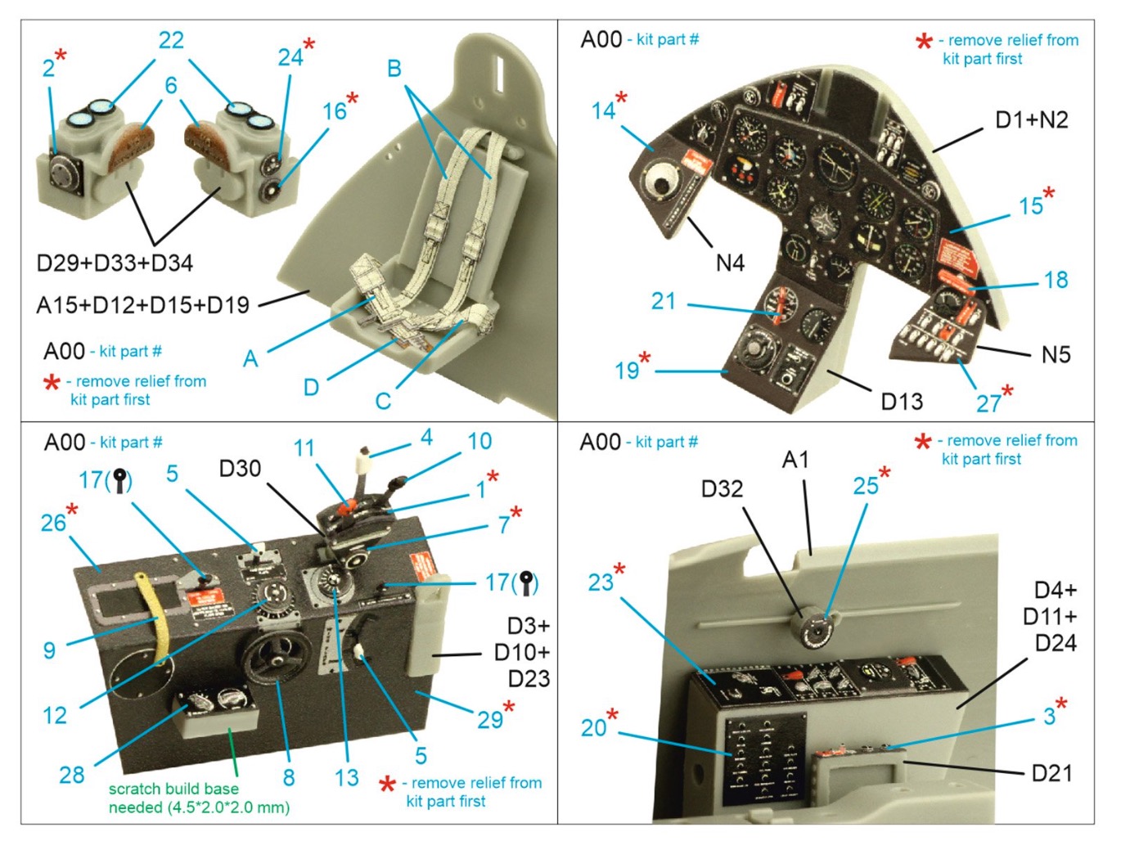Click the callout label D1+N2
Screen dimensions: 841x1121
[x=1031, y=120]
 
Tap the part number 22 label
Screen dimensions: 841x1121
[x=171, y=41]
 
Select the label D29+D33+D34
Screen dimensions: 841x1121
[x=115, y=263]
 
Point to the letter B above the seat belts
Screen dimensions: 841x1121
[x=394, y=69]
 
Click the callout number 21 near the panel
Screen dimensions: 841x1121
[x=664, y=301]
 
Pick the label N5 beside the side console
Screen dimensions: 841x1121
[x=1056, y=354]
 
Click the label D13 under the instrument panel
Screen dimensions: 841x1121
[x=902, y=402]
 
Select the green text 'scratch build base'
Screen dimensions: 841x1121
[x=174, y=789]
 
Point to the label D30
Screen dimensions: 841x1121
[x=240, y=469]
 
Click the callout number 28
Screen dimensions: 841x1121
[x=72, y=774]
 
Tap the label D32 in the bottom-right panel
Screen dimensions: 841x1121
[x=722, y=489]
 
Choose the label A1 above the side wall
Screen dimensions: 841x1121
[x=795, y=460]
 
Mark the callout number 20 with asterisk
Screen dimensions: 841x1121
[x=595, y=727]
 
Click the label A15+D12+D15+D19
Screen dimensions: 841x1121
[x=142, y=305]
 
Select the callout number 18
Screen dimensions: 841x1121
[x=1056, y=280]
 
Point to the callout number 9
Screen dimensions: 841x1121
[x=50, y=650]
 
